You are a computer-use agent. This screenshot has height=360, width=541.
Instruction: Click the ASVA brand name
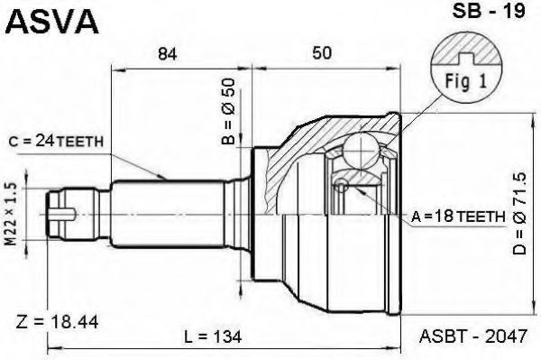[x=51, y=21]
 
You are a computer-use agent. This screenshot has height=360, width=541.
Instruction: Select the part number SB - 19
[x=488, y=11]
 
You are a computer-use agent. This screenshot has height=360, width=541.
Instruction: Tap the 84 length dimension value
[x=168, y=54]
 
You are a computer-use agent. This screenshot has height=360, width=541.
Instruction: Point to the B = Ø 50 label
[x=228, y=111]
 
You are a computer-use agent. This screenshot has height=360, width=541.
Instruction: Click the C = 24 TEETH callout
[x=56, y=142]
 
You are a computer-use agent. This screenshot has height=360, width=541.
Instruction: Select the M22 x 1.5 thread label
[x=12, y=214]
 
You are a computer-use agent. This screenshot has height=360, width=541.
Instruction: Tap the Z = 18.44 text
[x=57, y=322]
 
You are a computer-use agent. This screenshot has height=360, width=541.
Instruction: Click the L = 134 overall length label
[x=213, y=337]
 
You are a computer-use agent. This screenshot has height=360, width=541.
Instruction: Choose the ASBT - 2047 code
[x=473, y=336]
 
